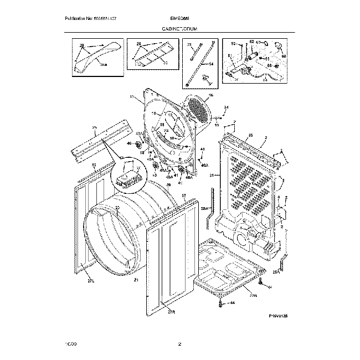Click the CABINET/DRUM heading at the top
181,28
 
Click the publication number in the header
89,19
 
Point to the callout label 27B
253,296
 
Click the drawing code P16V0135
278,316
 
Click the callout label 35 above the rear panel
250,136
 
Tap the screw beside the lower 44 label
222,303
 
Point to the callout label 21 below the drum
136,281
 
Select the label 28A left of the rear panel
203,209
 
